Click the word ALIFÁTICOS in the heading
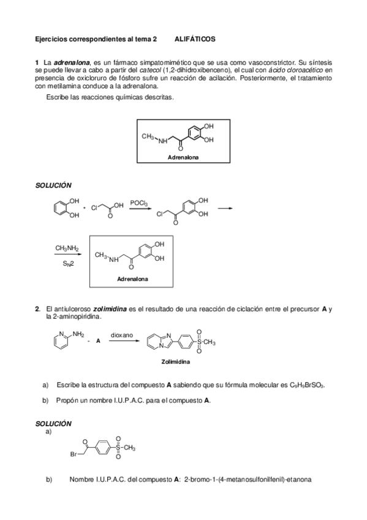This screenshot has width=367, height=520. (x=195, y=39)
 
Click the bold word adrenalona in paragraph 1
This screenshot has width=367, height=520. (x=72, y=63)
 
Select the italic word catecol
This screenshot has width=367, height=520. (x=149, y=71)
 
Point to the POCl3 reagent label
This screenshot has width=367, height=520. (x=138, y=202)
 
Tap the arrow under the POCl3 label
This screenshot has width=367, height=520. (x=140, y=209)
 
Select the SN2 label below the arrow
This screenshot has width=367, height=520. (x=67, y=264)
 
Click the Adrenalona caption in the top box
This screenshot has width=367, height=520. (x=183, y=158)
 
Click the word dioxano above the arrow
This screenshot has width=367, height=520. (x=122, y=335)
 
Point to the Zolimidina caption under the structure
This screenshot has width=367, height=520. (x=175, y=362)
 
